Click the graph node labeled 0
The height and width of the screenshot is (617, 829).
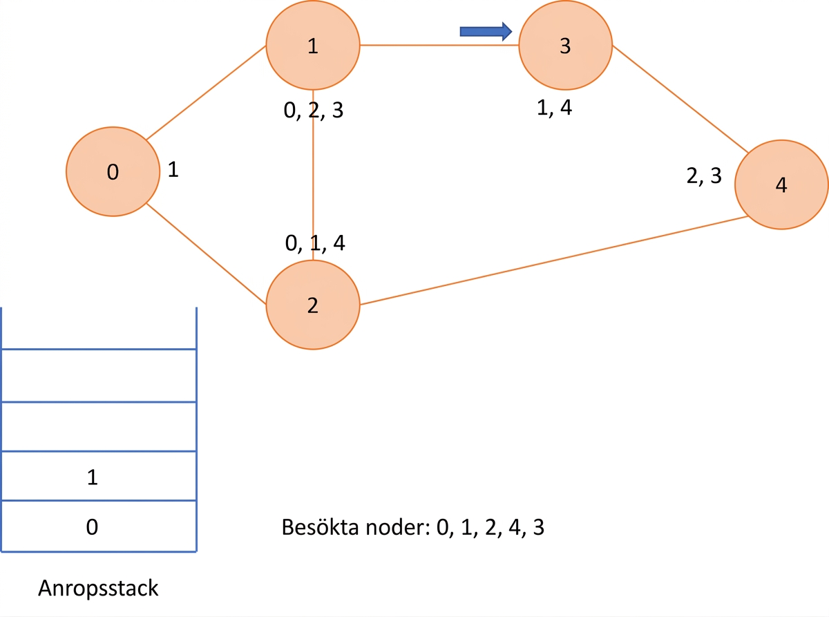pos(113,171)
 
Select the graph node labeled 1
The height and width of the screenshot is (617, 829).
pos(313,45)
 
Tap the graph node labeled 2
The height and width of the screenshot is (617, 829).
pos(313,305)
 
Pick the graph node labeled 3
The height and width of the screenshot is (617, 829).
pos(566,45)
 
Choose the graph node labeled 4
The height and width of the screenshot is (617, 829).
pos(781,184)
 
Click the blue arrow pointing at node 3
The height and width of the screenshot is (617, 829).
pos(486,31)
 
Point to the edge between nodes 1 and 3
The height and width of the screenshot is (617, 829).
pos(439,45)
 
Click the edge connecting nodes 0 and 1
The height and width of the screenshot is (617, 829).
pos(206,93)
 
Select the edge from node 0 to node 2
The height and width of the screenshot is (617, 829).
pos(206,254)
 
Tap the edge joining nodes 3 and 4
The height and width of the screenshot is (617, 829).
pos(680,99)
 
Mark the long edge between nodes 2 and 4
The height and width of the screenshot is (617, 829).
pos(554,260)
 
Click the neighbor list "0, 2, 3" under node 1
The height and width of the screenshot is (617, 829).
pos(313,111)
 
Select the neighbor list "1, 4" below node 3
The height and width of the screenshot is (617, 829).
pos(554,108)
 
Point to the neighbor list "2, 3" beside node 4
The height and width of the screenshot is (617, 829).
pos(704,175)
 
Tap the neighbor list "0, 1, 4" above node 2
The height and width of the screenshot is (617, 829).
pos(315,243)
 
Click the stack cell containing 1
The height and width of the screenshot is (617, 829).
pos(99,475)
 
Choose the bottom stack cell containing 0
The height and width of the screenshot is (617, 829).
pos(99,526)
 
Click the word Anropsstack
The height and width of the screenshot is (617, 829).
pos(98,588)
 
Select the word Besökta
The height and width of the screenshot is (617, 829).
pos(321,527)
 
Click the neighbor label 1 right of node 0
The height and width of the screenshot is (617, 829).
pos(173,169)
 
